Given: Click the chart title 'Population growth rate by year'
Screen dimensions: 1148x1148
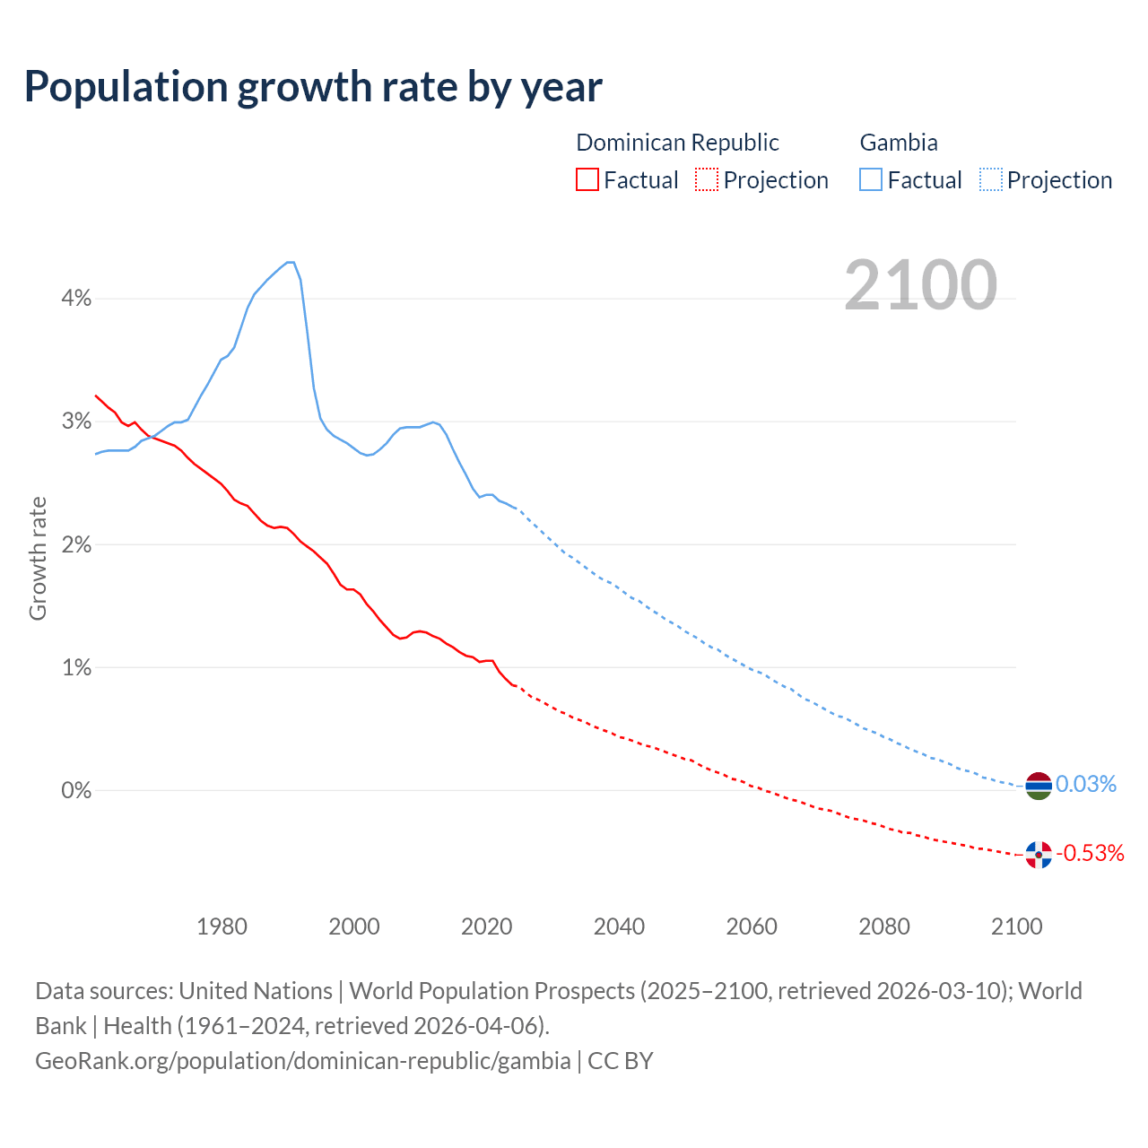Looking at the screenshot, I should click(x=313, y=86).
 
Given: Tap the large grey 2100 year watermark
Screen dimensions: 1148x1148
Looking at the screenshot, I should click(x=920, y=285).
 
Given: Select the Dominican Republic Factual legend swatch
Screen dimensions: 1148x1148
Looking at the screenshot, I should click(x=587, y=179).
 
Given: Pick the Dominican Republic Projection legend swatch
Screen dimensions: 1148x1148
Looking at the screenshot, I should click(x=707, y=179).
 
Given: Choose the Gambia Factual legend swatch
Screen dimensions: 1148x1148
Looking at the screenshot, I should click(x=870, y=179).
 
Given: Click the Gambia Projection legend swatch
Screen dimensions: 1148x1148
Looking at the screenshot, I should click(x=990, y=179).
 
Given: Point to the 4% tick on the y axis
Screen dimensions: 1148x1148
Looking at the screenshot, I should click(x=76, y=299).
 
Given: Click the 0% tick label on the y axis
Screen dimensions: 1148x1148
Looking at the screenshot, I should click(x=76, y=790).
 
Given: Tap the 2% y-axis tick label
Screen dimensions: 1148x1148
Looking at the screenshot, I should click(x=76, y=544).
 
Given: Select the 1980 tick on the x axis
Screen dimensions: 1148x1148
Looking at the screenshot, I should click(x=222, y=926).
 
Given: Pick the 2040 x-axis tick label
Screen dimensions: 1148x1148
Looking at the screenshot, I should click(x=619, y=926).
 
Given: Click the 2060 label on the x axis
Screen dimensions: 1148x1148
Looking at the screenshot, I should click(x=752, y=926).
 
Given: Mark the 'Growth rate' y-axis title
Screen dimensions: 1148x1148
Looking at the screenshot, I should click(x=38, y=558).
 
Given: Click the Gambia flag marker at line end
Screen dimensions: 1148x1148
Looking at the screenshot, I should click(x=1038, y=786).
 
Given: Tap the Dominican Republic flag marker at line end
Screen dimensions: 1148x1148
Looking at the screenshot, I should click(x=1038, y=855).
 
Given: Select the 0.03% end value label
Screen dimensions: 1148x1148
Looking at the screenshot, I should click(x=1086, y=785).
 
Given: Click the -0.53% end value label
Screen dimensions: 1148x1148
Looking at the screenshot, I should click(x=1090, y=853).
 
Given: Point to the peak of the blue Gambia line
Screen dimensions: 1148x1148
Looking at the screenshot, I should click(x=290, y=262).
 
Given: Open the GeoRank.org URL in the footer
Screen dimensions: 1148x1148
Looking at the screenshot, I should click(x=303, y=1060).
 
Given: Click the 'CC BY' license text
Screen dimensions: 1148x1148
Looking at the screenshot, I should click(x=621, y=1060).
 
